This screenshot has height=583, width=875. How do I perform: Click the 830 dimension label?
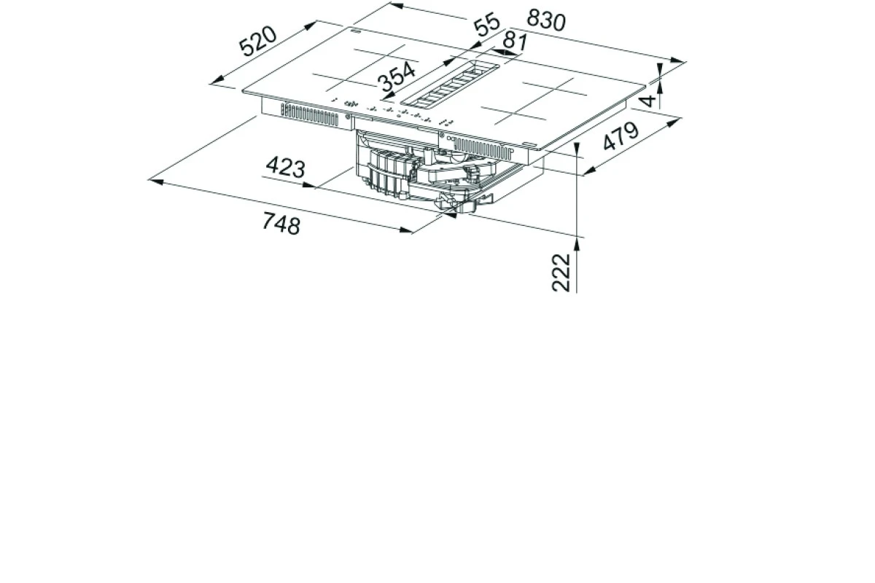tap(546, 20)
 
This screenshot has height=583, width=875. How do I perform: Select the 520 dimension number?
tap(258, 41)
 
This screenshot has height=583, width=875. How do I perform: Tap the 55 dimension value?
tap(487, 24)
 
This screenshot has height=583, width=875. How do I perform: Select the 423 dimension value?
tap(286, 167)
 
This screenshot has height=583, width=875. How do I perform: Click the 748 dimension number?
tap(281, 223)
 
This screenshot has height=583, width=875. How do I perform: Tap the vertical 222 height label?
tap(561, 273)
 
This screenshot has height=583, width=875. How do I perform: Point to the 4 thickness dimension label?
tap(649, 101)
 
